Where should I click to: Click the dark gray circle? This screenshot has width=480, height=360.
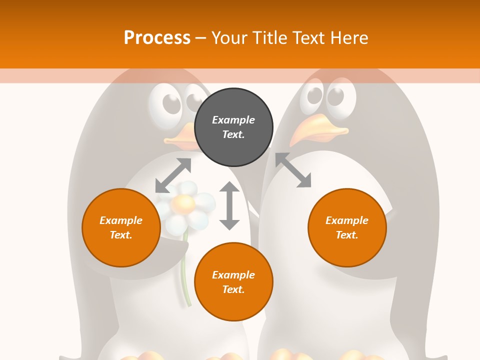(x=233, y=127)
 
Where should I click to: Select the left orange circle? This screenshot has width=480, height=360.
(x=121, y=227)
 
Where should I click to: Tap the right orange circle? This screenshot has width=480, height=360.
(x=347, y=227)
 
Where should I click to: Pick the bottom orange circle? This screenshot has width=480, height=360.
(x=233, y=282)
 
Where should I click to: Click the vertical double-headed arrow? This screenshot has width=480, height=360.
(x=229, y=205)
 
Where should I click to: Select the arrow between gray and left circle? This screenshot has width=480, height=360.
(x=173, y=175)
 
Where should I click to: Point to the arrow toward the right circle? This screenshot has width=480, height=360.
(x=293, y=170)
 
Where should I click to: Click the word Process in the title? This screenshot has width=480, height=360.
(x=157, y=37)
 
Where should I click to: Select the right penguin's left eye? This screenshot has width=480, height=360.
(x=313, y=96)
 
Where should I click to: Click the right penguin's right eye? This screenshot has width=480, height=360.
(x=340, y=96)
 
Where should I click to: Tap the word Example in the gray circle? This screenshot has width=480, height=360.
(x=233, y=120)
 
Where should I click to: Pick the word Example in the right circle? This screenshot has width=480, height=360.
(x=347, y=220)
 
